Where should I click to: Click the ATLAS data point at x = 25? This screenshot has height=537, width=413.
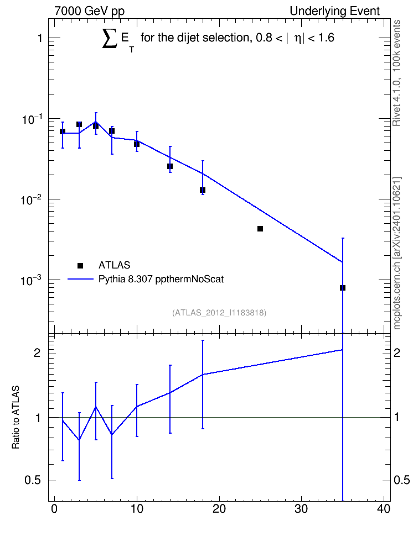click(x=260, y=229)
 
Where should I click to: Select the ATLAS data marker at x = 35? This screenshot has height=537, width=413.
click(x=342, y=288)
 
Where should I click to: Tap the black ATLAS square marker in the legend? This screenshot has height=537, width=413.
click(x=80, y=265)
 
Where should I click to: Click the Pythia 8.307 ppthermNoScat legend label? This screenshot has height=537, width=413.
click(x=161, y=279)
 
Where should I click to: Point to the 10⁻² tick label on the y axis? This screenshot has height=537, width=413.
click(x=31, y=199)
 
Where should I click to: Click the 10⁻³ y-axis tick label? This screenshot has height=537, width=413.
click(x=31, y=281)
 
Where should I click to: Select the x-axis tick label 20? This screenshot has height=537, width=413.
click(x=219, y=509)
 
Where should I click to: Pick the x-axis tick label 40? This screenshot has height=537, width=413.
click(x=384, y=509)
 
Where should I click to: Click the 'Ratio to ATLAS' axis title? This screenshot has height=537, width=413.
click(x=16, y=417)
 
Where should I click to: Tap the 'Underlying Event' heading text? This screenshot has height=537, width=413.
click(x=335, y=11)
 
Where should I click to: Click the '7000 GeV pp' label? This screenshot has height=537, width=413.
click(x=89, y=11)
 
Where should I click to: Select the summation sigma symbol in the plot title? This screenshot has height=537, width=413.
click(x=110, y=38)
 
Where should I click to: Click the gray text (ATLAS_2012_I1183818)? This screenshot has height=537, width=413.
click(x=219, y=313)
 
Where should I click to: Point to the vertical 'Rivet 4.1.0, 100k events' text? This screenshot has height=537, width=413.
click(x=396, y=73)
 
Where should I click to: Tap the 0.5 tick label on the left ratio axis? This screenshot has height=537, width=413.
click(x=33, y=481)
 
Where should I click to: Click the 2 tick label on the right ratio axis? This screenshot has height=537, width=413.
click(x=397, y=353)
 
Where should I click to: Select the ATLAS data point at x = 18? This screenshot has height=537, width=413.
click(x=203, y=190)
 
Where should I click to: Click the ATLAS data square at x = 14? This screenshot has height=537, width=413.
click(x=169, y=166)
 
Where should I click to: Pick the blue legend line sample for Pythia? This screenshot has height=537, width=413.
click(x=80, y=279)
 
